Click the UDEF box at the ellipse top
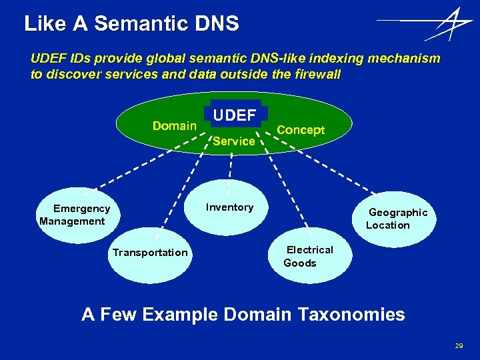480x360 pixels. pos(234,115)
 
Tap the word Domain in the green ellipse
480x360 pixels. pos(174,126)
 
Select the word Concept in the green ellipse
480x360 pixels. pos(301,130)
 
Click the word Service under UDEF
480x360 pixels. pos(234,141)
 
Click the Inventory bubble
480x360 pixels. pos(229,207)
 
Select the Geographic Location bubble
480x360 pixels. pos(397,219)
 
